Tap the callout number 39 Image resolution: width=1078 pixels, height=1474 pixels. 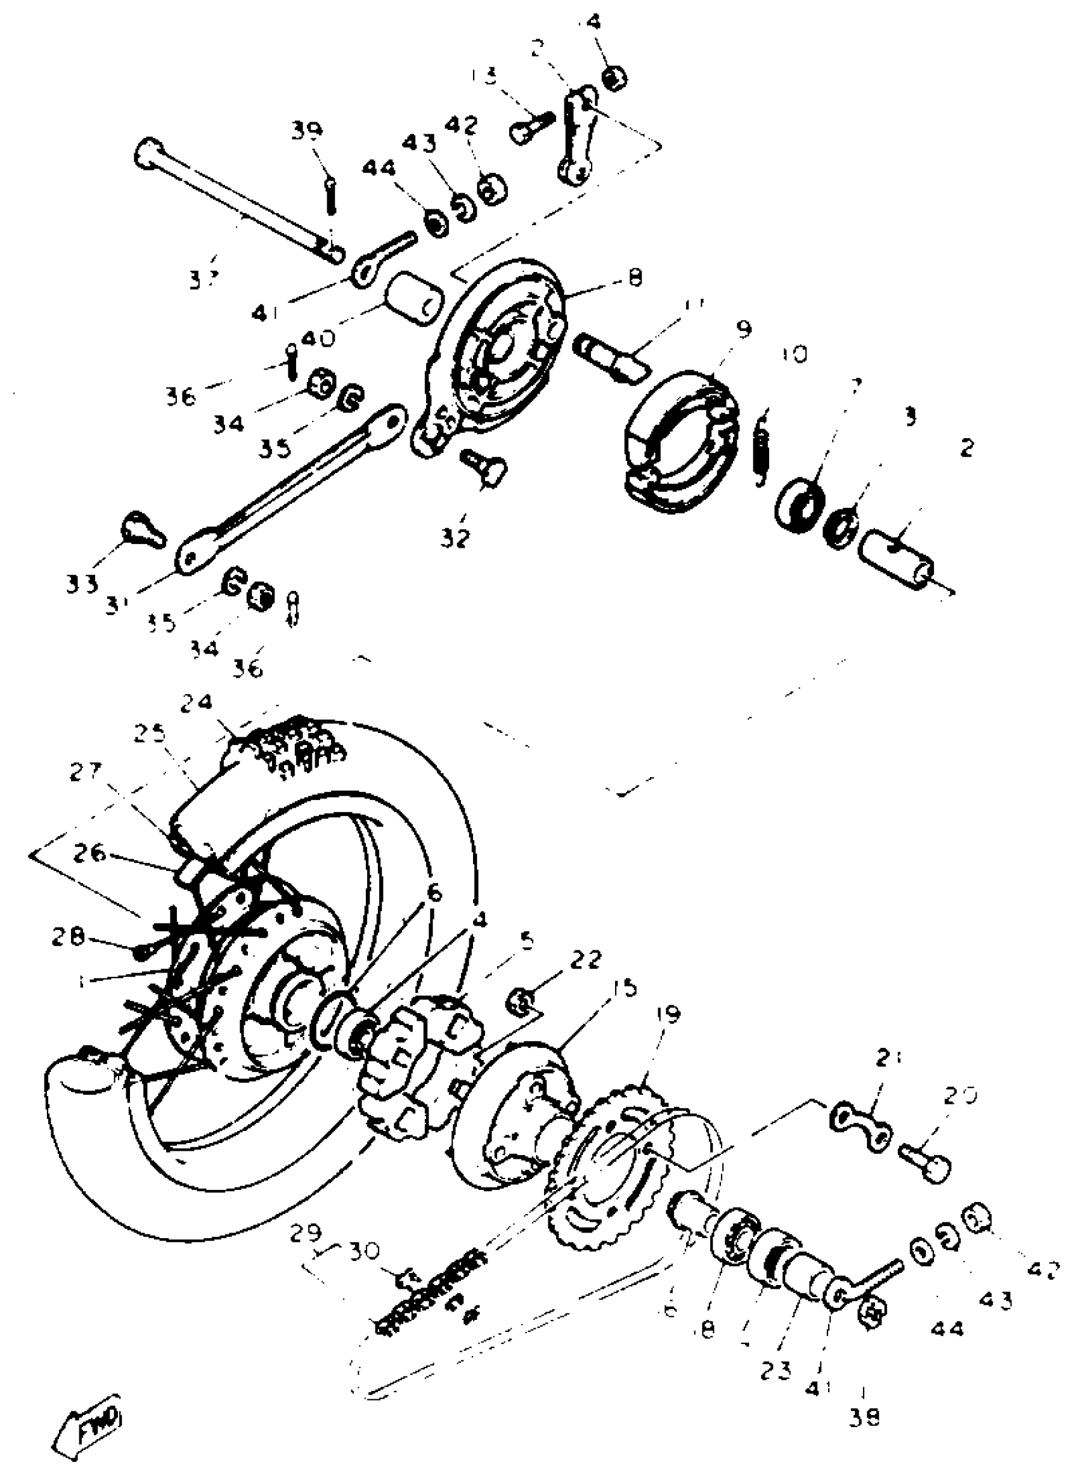[x=307, y=131]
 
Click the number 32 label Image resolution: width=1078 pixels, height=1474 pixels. [x=455, y=538]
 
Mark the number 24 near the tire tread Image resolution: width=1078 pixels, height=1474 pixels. [x=197, y=704]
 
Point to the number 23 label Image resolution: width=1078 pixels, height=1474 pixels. [x=776, y=1352]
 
